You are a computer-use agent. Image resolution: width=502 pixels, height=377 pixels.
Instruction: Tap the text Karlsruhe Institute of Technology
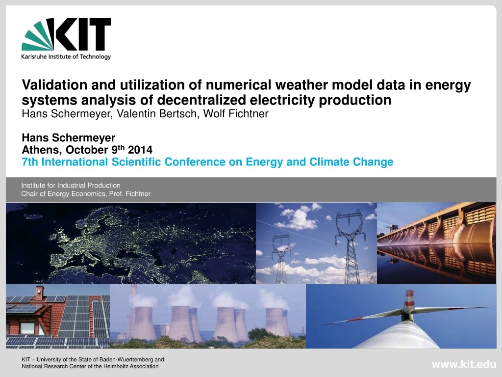tap(66, 57)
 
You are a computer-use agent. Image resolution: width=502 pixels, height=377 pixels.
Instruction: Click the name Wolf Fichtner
tap(236, 113)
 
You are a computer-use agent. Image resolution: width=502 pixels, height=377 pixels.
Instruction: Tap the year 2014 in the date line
tap(140, 150)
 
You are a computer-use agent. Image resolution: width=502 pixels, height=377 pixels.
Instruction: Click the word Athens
tap(40, 150)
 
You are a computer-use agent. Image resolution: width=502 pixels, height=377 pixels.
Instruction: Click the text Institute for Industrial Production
tap(71, 185)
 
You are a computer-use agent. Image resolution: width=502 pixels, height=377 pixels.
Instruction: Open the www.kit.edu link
tap(464, 365)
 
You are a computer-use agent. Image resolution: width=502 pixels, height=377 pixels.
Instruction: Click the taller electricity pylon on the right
tap(351, 247)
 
